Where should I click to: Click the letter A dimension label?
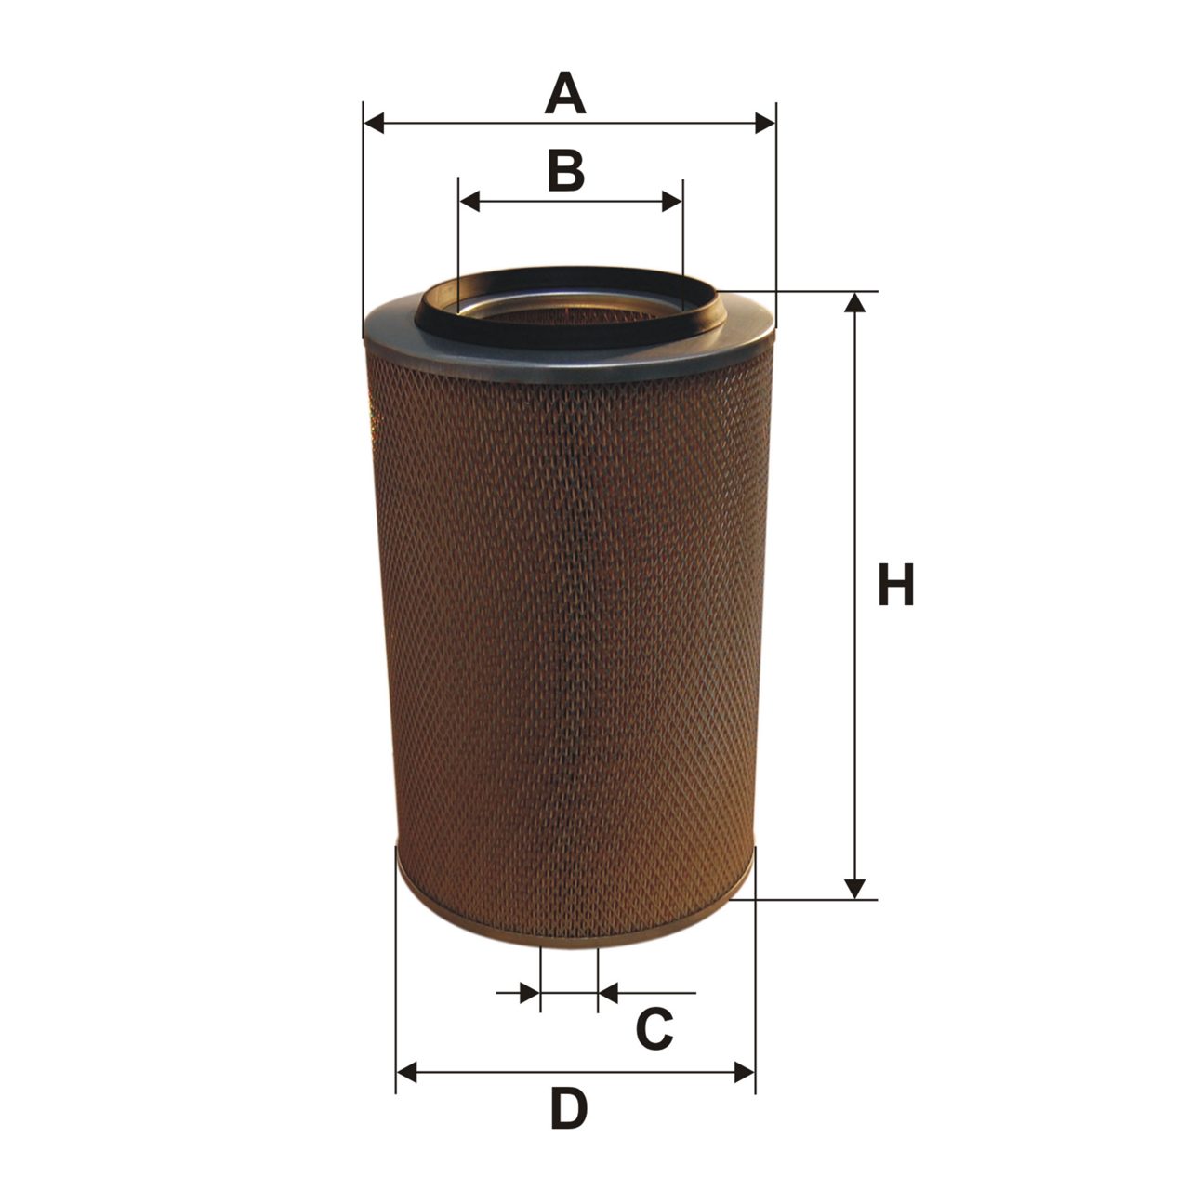[x=565, y=93]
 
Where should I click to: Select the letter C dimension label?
[x=654, y=1029]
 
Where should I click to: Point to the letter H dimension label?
[x=895, y=584]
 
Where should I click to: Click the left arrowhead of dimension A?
[x=375, y=123]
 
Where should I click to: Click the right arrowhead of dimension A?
[x=764, y=123]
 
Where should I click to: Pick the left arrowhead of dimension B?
[x=469, y=202]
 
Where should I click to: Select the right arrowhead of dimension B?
[x=672, y=202]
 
